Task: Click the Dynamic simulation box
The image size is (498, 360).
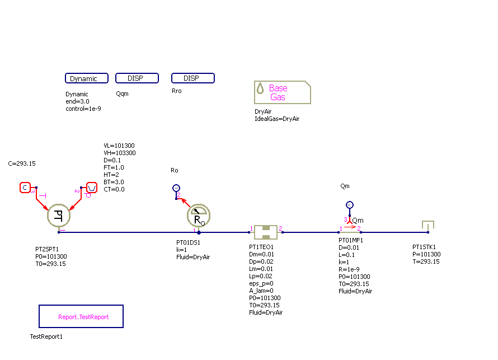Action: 86,78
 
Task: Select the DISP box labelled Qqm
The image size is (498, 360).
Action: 137,78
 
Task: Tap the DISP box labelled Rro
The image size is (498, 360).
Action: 192,78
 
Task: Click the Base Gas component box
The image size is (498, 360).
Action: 283,92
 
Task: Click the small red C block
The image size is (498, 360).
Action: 25,188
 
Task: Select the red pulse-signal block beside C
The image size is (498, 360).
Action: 92,188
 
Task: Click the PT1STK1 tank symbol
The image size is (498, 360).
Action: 428,226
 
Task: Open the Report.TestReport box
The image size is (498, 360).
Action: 81,316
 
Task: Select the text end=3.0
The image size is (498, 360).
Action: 77,101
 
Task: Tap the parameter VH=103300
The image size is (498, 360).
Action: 120,153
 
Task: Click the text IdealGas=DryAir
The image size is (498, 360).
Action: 277,119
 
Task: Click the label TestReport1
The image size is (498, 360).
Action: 46,337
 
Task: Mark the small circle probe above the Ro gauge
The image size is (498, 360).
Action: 176,188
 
